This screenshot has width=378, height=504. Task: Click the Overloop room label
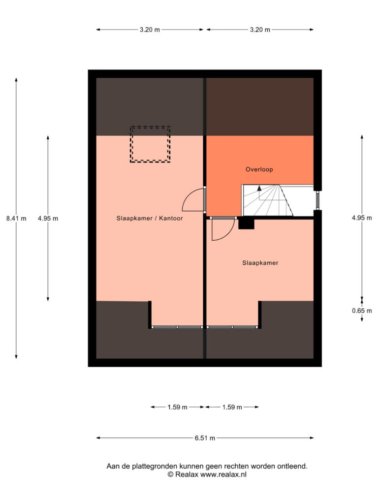pyautogui.click(x=259, y=169)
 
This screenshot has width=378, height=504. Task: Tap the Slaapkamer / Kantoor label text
pyautogui.click(x=150, y=218)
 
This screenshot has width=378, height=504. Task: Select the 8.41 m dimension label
pyautogui.click(x=16, y=219)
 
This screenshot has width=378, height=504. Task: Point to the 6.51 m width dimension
pyautogui.click(x=205, y=438)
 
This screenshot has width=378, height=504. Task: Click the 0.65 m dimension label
pyautogui.click(x=362, y=311)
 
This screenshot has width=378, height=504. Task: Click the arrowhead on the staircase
pyautogui.click(x=259, y=188)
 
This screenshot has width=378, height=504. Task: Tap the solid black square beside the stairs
pyautogui.click(x=246, y=224)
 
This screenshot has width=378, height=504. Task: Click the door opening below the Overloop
pyautogui.click(x=223, y=218)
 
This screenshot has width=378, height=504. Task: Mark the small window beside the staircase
pyautogui.click(x=317, y=200)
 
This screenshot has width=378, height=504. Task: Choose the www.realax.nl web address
pyautogui.click(x=223, y=474)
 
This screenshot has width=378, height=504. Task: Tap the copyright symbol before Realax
pyautogui.click(x=170, y=474)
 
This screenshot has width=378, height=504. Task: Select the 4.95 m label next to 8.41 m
pyautogui.click(x=48, y=219)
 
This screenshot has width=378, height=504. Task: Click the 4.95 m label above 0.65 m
pyautogui.click(x=362, y=218)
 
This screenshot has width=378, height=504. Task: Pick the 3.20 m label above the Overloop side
pyautogui.click(x=260, y=30)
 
